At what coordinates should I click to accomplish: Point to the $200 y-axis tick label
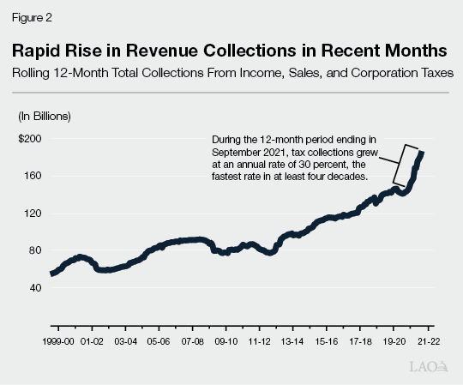pyautogui.click(x=29, y=138)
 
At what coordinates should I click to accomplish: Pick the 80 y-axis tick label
pyautogui.click(x=33, y=250)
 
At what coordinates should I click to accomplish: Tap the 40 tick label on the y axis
pyautogui.click(x=33, y=288)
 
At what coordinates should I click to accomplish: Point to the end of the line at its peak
pyautogui.click(x=422, y=153)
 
